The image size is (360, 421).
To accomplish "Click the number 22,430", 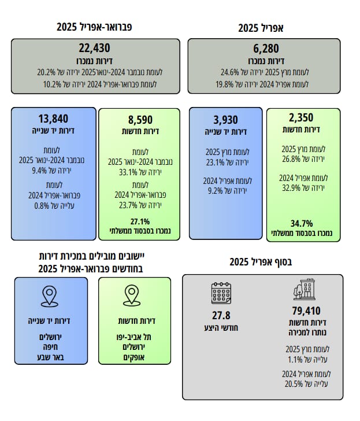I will click(x=94, y=49).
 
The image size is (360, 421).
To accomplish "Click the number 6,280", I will click(x=269, y=49).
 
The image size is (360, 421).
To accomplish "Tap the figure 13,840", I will click(x=52, y=119).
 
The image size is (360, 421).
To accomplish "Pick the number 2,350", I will click(x=301, y=119).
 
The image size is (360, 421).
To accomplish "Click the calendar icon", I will click(x=221, y=293).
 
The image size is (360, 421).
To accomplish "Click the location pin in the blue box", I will click(x=50, y=297).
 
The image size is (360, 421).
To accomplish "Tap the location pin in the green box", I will click(x=133, y=296).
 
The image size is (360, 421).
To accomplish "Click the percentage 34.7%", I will click(x=300, y=223).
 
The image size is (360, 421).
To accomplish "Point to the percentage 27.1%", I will click(x=140, y=221).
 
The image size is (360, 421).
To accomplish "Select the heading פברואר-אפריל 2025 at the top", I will click(x=95, y=27).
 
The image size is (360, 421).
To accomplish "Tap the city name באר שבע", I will click(x=50, y=357).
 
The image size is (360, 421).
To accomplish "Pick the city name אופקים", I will click(x=133, y=357).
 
